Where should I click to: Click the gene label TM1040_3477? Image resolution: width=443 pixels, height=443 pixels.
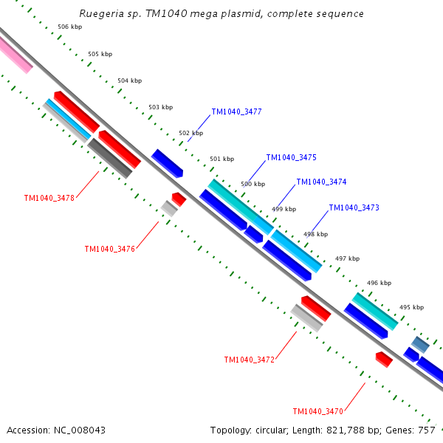237,112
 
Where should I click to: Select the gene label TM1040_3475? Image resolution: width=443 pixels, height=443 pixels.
292,157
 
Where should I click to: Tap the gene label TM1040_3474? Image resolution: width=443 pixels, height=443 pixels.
321,182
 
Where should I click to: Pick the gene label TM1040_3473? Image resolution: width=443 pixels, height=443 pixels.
354,207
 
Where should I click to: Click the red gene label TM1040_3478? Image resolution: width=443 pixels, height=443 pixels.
49,198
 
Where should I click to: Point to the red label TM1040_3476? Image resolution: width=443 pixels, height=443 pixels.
110,249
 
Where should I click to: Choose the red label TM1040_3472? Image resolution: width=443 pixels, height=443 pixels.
250,360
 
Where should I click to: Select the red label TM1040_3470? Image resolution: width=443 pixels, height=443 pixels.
317,411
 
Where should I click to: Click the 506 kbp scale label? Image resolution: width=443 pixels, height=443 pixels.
70,27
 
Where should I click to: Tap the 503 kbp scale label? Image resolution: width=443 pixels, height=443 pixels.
161,107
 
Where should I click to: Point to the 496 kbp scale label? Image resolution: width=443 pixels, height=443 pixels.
380,283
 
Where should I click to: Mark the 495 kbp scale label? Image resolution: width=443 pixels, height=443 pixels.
412,307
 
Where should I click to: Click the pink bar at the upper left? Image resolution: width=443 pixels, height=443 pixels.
15,54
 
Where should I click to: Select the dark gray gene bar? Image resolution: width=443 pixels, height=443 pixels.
110,158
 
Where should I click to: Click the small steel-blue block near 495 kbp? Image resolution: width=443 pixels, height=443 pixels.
420,344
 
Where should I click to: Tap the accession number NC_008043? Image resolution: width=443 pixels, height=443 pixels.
80,430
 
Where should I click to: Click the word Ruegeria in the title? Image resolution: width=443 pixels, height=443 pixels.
101,14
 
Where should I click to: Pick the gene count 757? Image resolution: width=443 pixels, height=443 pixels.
427,430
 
